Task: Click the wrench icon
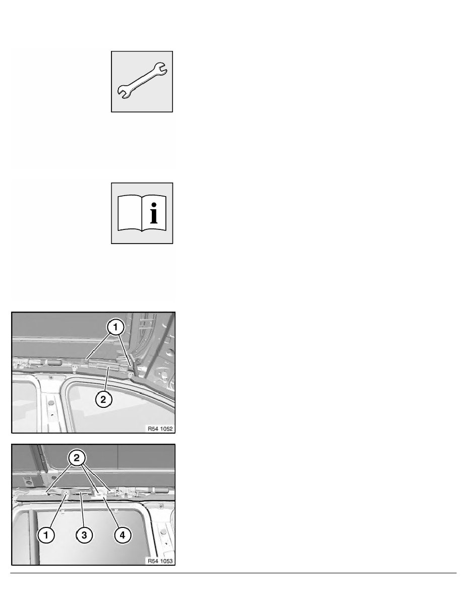pos(142,81)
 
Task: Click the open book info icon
pos(142,213)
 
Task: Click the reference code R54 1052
pos(160,429)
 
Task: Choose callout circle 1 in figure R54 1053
pos(46,535)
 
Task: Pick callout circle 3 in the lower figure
pos(84,535)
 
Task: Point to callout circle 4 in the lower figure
pos(121,535)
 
